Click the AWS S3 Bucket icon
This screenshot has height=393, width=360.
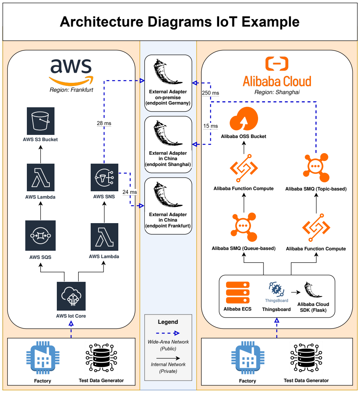pyautogui.click(x=40, y=121)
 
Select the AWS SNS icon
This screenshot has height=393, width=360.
pyautogui.click(x=104, y=177)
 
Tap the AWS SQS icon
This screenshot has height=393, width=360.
pyautogui.click(x=40, y=236)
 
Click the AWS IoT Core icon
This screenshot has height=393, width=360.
pyautogui.click(x=71, y=296)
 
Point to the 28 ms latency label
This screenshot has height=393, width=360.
pyautogui.click(x=104, y=123)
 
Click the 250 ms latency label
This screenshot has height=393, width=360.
pyautogui.click(x=211, y=93)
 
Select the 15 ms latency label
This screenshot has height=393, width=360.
pyautogui.click(x=211, y=126)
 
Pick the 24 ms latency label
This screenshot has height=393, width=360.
pyautogui.click(x=130, y=192)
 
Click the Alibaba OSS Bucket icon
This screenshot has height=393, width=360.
pyautogui.click(x=244, y=119)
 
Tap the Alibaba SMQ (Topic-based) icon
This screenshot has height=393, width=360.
pyautogui.click(x=316, y=168)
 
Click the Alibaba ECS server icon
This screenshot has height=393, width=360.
pyautogui.click(x=237, y=292)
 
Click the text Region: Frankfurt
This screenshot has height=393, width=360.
pyautogui.click(x=71, y=90)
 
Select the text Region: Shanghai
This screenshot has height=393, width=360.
pyautogui.click(x=277, y=92)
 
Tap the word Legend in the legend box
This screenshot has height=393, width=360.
pyautogui.click(x=168, y=322)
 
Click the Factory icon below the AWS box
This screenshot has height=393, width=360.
pyautogui.click(x=43, y=358)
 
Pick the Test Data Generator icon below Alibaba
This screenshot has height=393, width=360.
pyautogui.click(x=306, y=358)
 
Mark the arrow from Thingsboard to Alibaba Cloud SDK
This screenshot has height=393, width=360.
pyautogui.click(x=296, y=292)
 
